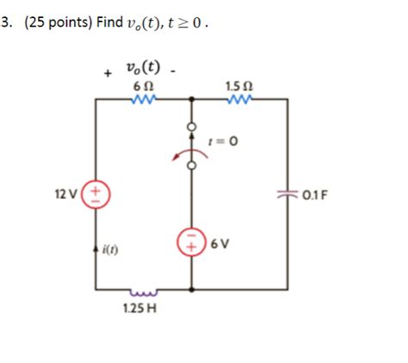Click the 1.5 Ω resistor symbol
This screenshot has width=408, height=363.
(237, 100)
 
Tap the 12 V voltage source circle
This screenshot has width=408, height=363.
(95, 192)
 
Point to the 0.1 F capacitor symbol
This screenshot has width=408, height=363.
(287, 192)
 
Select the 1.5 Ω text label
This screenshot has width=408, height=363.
(237, 86)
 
